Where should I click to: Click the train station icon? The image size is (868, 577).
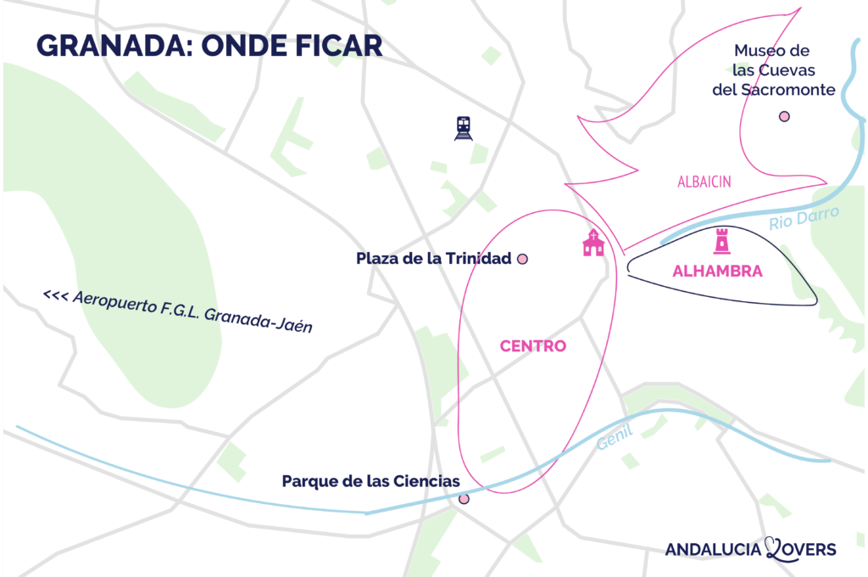pos(463,128)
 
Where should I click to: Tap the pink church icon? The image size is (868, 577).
pos(593,243)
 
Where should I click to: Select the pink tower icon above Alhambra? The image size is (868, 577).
pos(722,242)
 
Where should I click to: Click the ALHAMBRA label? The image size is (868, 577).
pos(717,272)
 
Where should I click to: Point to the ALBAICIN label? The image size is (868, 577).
pos(704,182)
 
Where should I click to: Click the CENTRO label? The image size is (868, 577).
pos(532,346)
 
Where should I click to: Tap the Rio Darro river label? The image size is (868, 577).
pos(804,219)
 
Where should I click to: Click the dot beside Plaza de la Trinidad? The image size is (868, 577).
pos(522,259)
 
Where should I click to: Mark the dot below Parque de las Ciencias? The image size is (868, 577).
pos(464,499)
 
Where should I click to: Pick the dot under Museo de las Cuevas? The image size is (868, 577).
pos(784,116)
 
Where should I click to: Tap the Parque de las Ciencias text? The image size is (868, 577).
pos(370,481)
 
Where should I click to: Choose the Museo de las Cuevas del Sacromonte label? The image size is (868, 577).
pos(773,70)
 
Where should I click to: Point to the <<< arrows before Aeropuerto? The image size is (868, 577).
pos(55,296)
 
